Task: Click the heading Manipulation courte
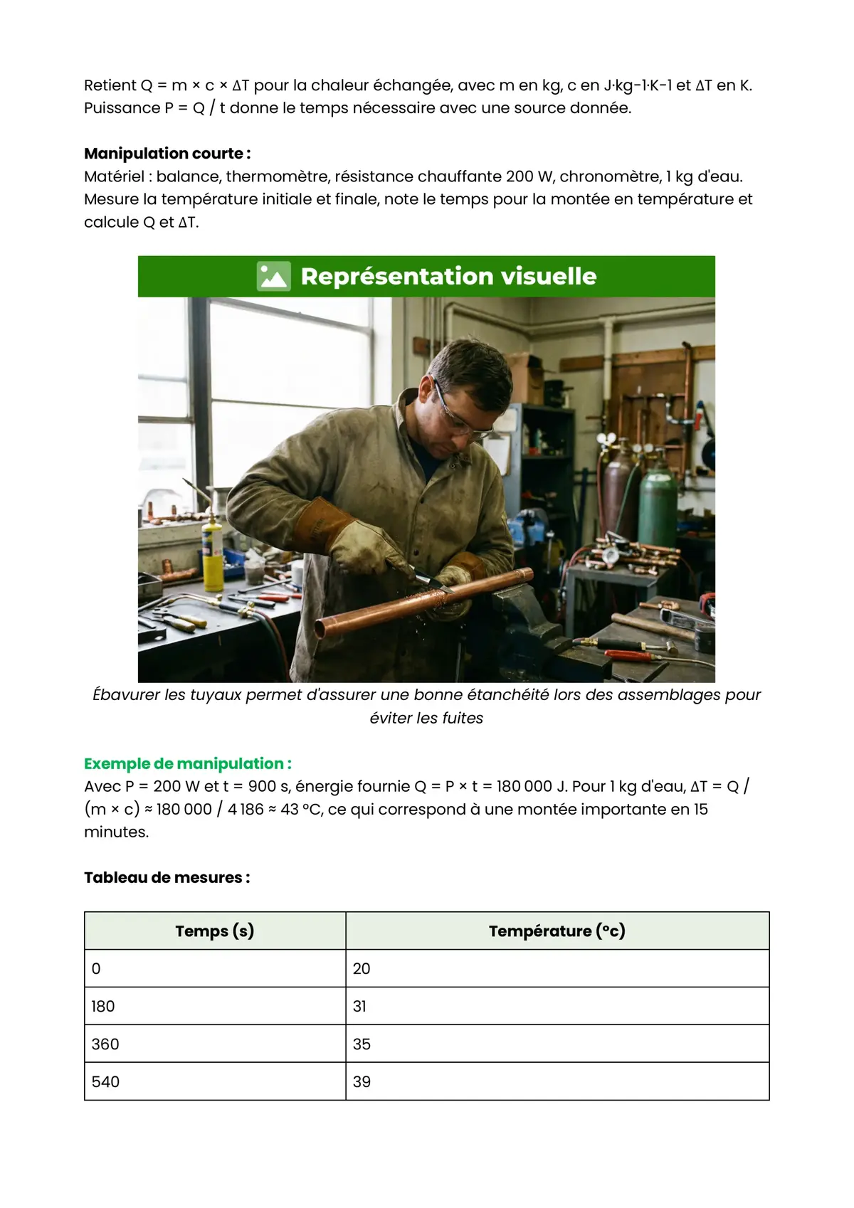pyautogui.click(x=167, y=154)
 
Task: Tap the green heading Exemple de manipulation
pyautogui.click(x=187, y=763)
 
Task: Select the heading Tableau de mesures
pyautogui.click(x=167, y=877)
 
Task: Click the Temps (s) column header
pyautogui.click(x=214, y=931)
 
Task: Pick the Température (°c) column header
pyautogui.click(x=557, y=931)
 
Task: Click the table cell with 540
pyautogui.click(x=105, y=1081)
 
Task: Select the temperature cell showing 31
pyautogui.click(x=359, y=1006)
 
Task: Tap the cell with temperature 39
pyautogui.click(x=362, y=1081)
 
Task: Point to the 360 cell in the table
pyautogui.click(x=105, y=1044)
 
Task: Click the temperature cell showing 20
pyautogui.click(x=362, y=968)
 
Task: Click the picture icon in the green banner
pyautogui.click(x=273, y=276)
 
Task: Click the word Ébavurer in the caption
pyautogui.click(x=126, y=694)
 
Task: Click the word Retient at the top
pyautogui.click(x=110, y=85)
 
